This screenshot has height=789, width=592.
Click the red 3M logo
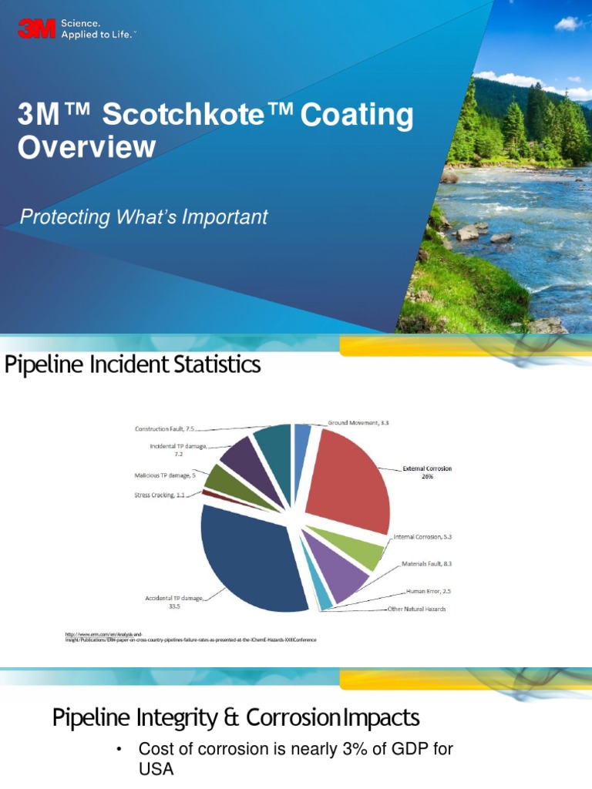pos(35,29)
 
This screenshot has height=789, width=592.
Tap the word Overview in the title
pos(86,146)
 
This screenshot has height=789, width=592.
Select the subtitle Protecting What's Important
pos(143,217)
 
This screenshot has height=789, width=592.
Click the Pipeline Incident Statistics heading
pos(133,364)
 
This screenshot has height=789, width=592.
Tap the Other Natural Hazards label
pos(415,609)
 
